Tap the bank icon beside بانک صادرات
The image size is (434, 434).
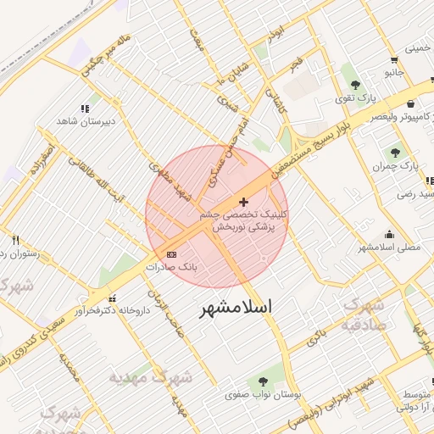(x=172, y=254)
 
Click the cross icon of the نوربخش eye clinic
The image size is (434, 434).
(x=245, y=202)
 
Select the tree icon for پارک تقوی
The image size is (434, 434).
(x=354, y=85)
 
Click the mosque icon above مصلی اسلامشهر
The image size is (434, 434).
(x=389, y=234)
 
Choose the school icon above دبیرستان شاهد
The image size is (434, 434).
(x=84, y=108)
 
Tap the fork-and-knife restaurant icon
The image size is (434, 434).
(x=15, y=241)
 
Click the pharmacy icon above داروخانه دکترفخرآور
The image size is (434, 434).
(x=112, y=298)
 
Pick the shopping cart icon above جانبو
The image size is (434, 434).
(x=395, y=60)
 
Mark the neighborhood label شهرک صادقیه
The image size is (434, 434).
(x=364, y=314)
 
